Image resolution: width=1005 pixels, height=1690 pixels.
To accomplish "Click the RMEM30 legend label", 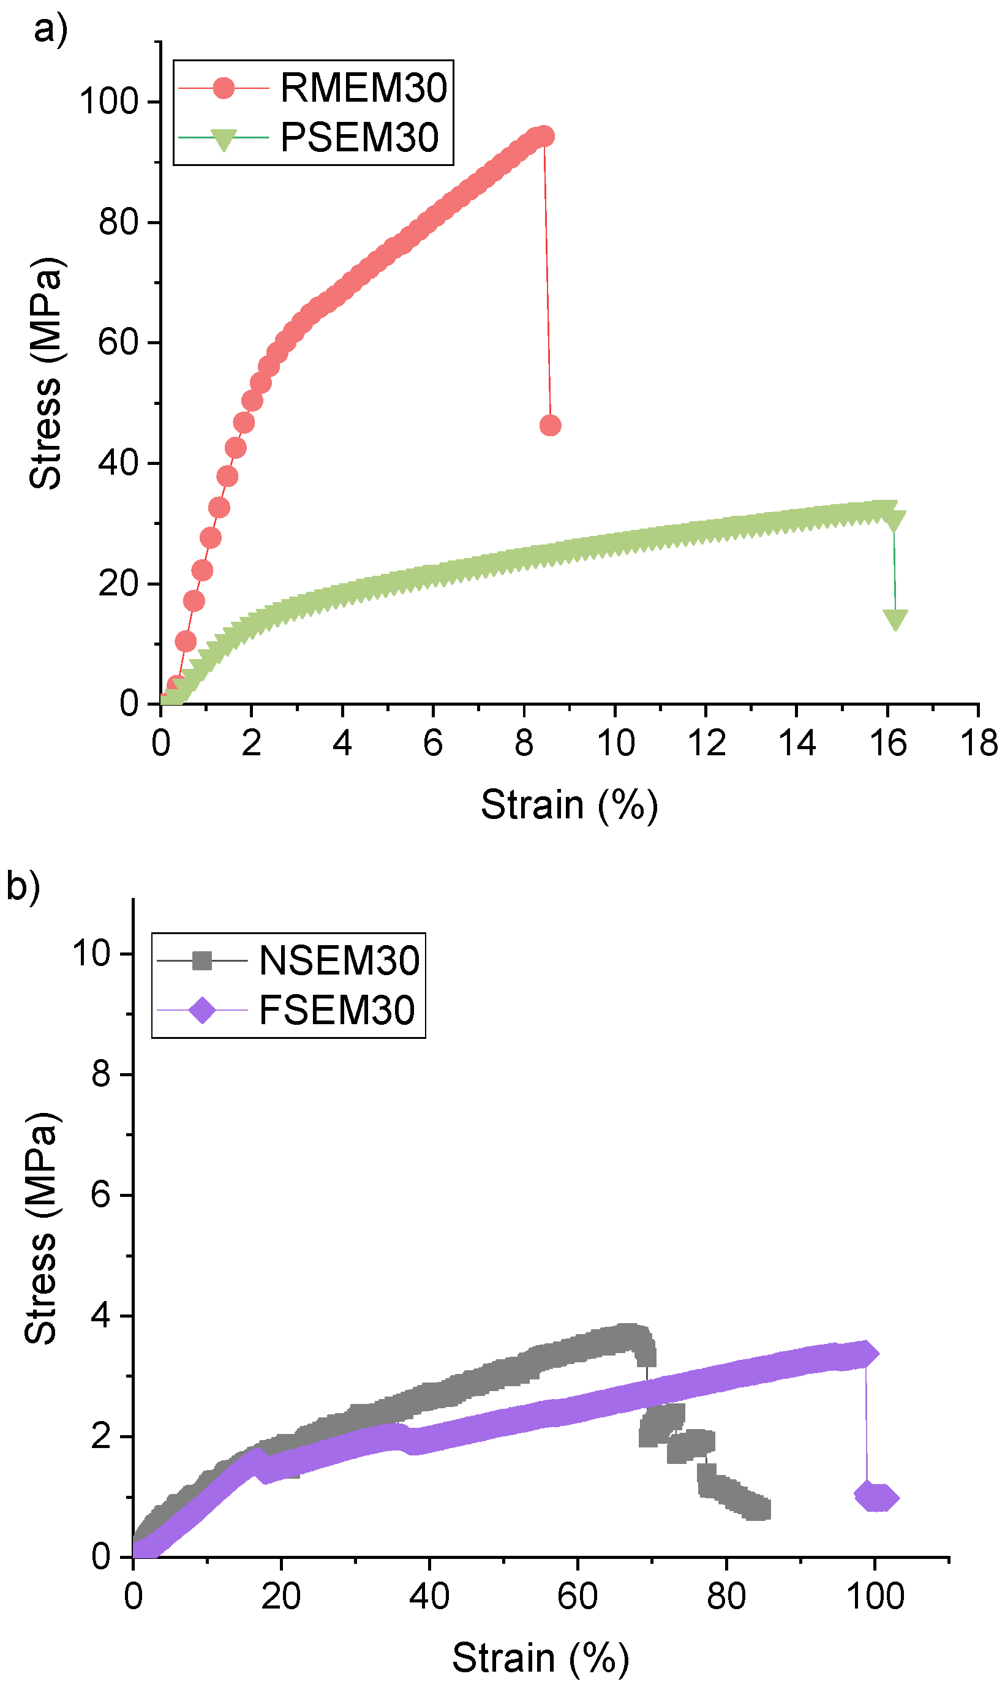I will point(364,88).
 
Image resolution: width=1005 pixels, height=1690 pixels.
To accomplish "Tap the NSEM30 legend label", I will point(339,960).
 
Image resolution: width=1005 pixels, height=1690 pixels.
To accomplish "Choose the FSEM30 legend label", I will point(337,1010).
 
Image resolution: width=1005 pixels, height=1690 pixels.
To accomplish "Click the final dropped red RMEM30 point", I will point(550,425).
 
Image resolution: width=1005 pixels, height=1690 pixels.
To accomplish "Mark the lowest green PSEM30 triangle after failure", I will point(895,619).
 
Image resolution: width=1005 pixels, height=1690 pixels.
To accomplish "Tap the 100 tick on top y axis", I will point(109,102).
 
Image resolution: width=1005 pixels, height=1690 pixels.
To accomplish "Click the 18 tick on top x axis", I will point(979,743).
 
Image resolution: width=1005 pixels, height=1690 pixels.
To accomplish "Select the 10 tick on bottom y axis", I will point(91,954).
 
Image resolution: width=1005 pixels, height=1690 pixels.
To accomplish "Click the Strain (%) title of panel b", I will point(540,1658).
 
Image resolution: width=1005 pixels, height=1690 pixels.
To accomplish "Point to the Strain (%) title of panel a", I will point(569,805).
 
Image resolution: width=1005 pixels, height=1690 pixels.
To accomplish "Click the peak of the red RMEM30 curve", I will point(543,136).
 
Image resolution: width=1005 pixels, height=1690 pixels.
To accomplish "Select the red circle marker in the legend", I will point(224,88).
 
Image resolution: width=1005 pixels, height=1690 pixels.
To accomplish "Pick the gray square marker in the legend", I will point(202,960).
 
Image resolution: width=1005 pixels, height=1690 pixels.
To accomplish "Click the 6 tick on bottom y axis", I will point(100,1195).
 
